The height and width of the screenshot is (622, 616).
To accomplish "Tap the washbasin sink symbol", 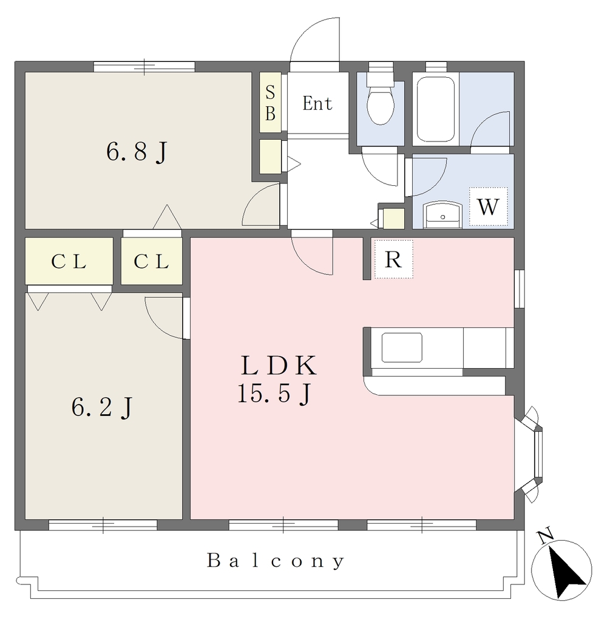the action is coord(443,215).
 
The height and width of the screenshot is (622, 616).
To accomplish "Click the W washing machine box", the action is coord(489,207).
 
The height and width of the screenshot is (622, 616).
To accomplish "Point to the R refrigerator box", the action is coord(394,259).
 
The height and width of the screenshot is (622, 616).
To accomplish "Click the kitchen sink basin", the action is coord(402,347).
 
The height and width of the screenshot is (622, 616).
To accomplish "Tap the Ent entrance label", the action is coord(317,103).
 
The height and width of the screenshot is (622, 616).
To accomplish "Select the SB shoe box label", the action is coord(270,103).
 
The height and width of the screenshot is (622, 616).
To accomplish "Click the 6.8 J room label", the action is coord(137,151).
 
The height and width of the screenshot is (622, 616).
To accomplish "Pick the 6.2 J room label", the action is coord(101,407).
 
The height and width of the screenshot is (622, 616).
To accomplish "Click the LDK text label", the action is coord(279,365).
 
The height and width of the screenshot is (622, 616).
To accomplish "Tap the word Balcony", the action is coord(276,561).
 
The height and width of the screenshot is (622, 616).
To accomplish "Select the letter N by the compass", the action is coord(546,536).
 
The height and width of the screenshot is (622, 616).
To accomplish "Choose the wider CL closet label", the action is coord(69,261).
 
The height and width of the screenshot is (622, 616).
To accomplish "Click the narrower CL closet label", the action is coord(152,261).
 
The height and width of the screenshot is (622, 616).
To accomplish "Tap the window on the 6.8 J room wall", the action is coord(144,67).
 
